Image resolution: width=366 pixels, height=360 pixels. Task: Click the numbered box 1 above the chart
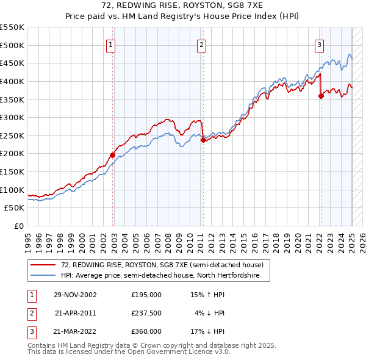point(110,44)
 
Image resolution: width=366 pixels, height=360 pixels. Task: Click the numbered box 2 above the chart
point(201,44)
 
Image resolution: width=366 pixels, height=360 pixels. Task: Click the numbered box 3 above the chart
point(319,44)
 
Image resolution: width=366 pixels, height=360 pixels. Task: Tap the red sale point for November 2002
point(113,155)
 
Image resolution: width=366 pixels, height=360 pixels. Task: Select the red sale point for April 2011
point(203,140)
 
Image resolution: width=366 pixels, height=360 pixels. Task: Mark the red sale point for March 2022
point(321,95)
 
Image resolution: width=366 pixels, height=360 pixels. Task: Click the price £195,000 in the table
point(146,295)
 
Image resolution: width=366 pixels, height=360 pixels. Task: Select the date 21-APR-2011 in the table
point(75,313)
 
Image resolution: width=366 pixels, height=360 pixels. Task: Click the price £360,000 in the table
point(146,331)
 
